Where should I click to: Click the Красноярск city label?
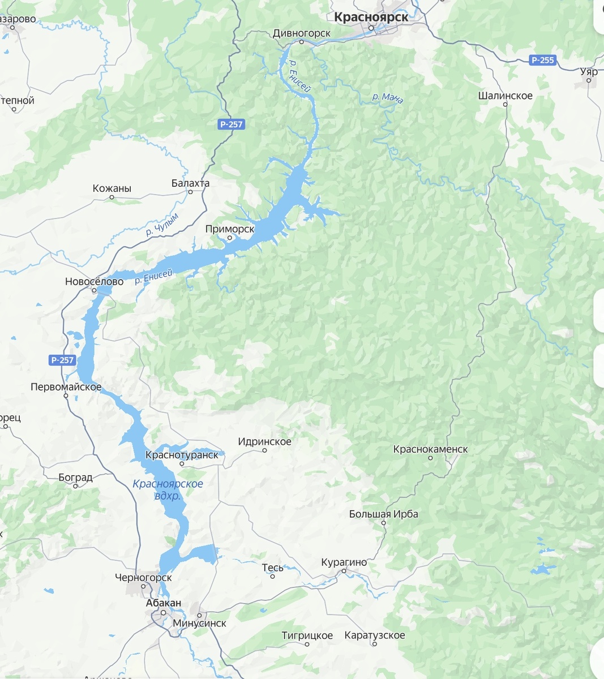click(371, 17)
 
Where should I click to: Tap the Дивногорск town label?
click(301, 33)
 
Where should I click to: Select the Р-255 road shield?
click(542, 60)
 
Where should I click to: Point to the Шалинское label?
click(505, 96)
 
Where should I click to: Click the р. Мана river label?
click(388, 98)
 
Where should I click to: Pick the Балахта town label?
click(190, 183)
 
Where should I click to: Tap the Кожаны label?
click(112, 188)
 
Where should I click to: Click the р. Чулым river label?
click(162, 224)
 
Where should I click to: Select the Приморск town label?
click(230, 229)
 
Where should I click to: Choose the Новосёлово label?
click(94, 281)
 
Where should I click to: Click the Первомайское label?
click(66, 388)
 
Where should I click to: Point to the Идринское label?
click(264, 442)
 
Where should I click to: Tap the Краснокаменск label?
click(430, 449)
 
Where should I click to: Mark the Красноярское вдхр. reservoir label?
click(168, 490)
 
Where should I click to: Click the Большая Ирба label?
click(383, 514)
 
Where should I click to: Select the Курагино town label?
click(344, 562)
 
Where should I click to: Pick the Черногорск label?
click(143, 578)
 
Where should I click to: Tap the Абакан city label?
click(164, 603)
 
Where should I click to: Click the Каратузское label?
click(375, 635)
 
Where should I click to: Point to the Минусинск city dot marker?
click(199, 614)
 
